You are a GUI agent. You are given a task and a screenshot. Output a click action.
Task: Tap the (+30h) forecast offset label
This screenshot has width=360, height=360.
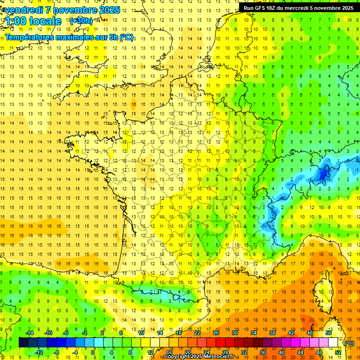pos(81,21)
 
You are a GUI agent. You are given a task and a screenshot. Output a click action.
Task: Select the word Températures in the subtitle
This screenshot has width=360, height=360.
pos(30,37)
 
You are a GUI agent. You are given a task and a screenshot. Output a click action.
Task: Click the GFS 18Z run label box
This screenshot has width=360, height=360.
pos(299,7)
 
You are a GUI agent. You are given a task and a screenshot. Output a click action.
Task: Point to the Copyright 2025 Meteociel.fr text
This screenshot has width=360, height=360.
pos(202,357)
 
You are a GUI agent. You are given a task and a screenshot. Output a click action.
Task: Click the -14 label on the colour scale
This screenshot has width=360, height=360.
pos(29,333)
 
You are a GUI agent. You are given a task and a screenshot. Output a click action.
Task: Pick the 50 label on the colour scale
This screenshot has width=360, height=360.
pos(328,333)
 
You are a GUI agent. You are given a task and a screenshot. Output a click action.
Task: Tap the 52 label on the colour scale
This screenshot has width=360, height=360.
pos(337,352)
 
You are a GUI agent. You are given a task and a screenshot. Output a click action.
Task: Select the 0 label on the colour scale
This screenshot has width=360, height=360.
pos(93,352)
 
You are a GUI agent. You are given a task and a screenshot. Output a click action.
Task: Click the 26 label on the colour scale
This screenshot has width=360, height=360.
pos(216,333)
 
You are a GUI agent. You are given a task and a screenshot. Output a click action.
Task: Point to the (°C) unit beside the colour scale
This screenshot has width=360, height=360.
pos(349,343)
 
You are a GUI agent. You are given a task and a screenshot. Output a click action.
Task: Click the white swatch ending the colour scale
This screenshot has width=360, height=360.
pos(333,342)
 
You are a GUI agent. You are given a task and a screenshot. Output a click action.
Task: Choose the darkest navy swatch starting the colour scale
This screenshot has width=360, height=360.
pos(23,342)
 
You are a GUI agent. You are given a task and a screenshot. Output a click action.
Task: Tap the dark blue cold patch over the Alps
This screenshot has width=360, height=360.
pos(323,174)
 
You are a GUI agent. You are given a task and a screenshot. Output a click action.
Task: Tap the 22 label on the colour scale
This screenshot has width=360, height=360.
pos(197,333)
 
